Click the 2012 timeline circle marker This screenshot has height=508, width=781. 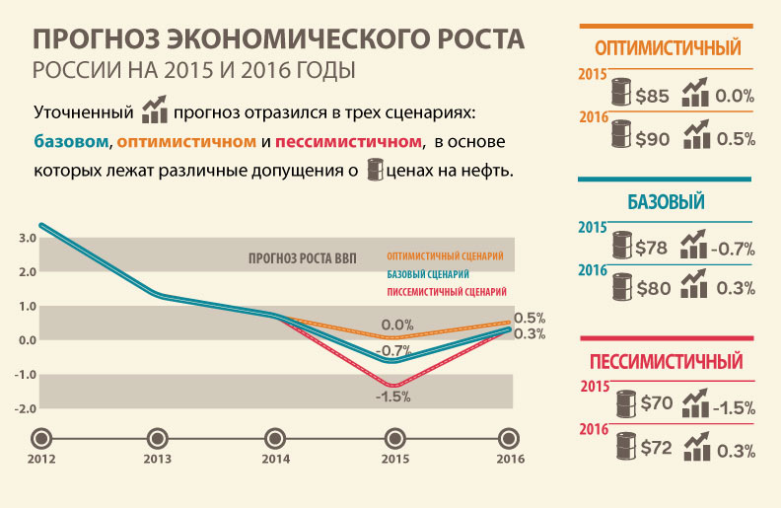point(40,438)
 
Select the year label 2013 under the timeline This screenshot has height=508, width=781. point(158,460)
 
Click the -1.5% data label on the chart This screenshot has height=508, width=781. point(393,397)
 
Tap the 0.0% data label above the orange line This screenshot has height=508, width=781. point(396,325)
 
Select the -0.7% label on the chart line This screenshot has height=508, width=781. point(393,350)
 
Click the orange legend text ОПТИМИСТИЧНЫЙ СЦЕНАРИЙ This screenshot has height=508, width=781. point(445,255)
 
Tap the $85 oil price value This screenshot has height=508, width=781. point(653,97)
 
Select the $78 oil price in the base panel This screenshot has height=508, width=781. point(653,247)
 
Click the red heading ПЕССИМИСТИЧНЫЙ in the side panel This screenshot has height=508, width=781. point(666,361)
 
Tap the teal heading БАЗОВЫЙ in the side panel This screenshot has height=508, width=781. point(666,203)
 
